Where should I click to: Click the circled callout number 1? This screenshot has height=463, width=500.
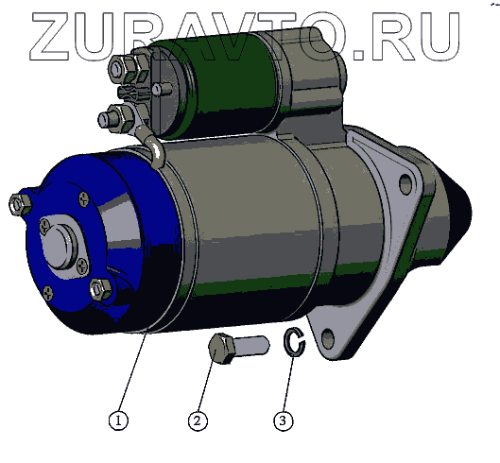[118, 420]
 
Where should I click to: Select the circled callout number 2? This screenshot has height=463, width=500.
[198, 420]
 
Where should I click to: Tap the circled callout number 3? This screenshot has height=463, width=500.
[283, 420]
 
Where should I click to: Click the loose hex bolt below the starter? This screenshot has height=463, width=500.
[238, 349]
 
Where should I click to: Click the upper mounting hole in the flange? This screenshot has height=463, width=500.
[405, 184]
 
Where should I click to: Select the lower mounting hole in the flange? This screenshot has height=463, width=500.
[328, 337]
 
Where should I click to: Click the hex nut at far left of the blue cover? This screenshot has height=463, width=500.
[21, 203]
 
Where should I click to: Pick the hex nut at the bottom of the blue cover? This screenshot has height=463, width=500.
[100, 289]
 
